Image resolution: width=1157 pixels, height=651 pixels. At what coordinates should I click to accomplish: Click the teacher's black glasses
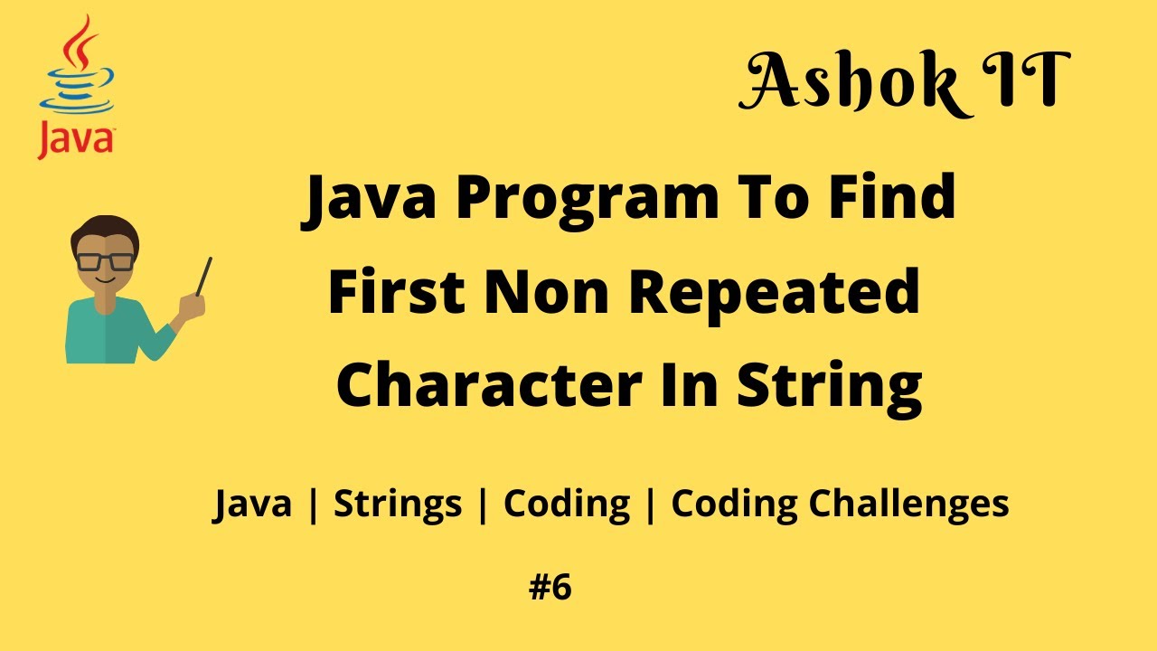pyautogui.click(x=105, y=261)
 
